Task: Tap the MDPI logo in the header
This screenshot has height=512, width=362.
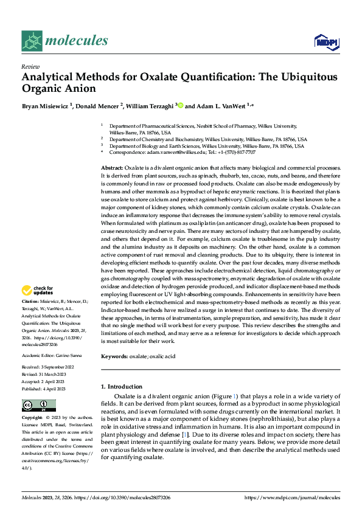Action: tap(327, 41)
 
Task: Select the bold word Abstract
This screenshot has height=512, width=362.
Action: tap(112, 167)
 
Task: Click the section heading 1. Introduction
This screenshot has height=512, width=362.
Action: tap(123, 387)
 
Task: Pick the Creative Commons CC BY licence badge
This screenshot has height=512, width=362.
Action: tap(38, 406)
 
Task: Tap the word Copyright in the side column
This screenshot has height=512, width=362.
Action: tap(32, 418)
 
